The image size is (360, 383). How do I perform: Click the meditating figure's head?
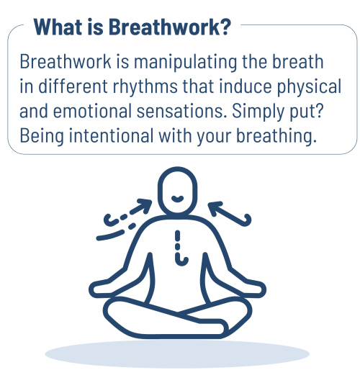(179, 191)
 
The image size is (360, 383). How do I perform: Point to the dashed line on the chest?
(178, 244)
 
